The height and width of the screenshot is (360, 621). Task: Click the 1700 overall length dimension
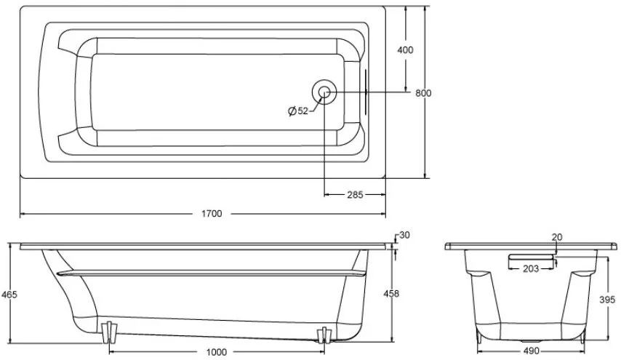(212, 214)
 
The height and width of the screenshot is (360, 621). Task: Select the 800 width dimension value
(423, 93)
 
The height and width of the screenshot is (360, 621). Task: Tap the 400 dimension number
(405, 50)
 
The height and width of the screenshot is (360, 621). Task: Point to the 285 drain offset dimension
(355, 194)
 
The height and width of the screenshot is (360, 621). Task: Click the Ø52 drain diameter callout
(298, 111)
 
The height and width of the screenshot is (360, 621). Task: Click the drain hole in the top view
(324, 92)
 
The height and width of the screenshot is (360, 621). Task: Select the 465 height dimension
(9, 295)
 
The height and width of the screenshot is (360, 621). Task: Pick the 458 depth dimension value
(391, 294)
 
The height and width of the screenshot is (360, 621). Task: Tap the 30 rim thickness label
(404, 235)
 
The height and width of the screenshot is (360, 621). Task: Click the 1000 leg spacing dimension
(217, 352)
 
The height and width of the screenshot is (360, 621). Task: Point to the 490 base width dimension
(531, 351)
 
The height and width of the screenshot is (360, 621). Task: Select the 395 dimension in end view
(607, 300)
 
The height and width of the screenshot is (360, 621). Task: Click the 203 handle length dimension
(531, 269)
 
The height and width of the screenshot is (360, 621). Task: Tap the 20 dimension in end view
(557, 237)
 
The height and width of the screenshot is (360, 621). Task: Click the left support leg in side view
(109, 332)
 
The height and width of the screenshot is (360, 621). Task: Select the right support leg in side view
(324, 335)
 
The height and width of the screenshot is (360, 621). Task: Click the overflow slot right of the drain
(366, 92)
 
